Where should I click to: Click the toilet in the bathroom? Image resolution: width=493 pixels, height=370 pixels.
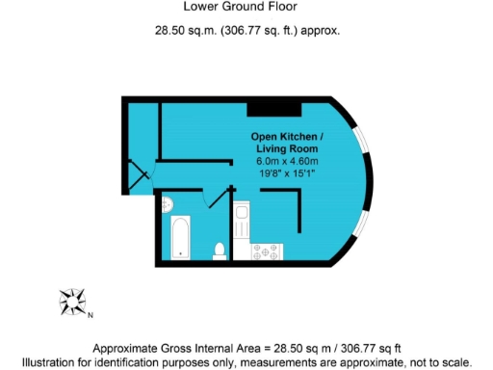click(x=219, y=251)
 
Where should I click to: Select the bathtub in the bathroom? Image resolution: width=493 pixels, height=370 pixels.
click(x=180, y=238)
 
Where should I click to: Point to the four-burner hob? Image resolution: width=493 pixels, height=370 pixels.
click(x=267, y=252)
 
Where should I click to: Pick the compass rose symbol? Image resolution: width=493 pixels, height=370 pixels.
click(x=72, y=302)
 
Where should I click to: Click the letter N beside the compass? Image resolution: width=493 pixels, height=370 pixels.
click(x=91, y=315)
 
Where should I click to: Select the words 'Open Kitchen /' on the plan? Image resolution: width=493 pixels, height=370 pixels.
click(x=288, y=136)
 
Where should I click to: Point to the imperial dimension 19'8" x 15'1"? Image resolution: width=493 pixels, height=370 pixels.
click(x=287, y=173)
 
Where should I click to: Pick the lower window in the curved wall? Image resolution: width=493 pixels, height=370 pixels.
click(x=363, y=224)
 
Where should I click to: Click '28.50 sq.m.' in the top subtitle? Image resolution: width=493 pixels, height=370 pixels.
click(x=186, y=30)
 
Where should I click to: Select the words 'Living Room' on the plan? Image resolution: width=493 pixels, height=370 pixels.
click(x=287, y=148)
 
